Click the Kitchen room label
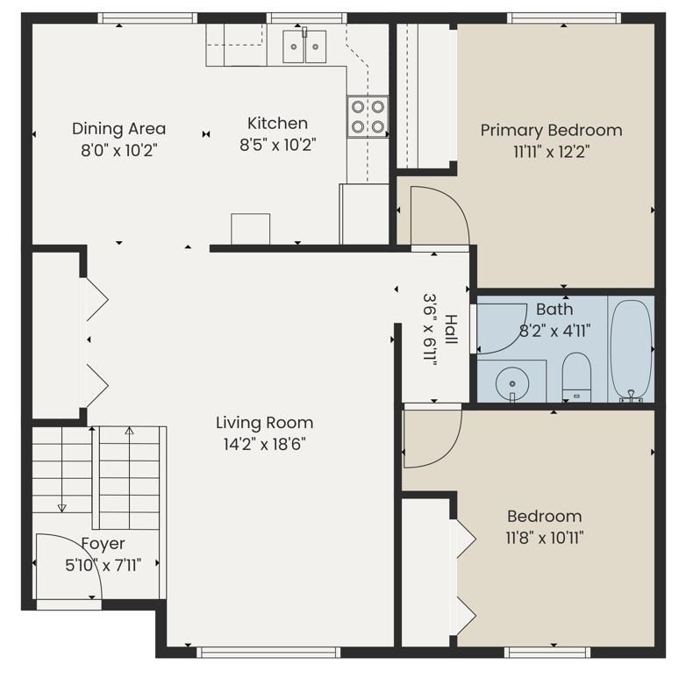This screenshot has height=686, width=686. tap(277, 124)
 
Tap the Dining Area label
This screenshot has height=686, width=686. tap(119, 129)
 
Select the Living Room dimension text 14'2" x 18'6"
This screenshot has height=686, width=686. tap(264, 445)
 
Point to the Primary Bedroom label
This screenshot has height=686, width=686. tap(551, 131)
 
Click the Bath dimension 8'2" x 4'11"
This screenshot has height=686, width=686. tap(554, 331)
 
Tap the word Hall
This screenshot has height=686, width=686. tap(451, 329)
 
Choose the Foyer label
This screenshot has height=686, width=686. tap(104, 544)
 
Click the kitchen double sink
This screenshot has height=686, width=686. tap(304, 46)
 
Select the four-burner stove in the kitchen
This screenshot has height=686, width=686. tap(368, 117)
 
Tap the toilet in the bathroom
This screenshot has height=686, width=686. tap(576, 376)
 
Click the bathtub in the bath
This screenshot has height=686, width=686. tap(631, 350)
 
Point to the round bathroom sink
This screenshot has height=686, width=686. tap(512, 383)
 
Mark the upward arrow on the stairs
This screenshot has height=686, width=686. tap(129, 478)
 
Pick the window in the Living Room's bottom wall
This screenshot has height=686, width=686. tap(268, 653)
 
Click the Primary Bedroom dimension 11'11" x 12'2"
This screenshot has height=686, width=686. tap(551, 152)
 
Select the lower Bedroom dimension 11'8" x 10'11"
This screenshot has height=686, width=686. tap(545, 537)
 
